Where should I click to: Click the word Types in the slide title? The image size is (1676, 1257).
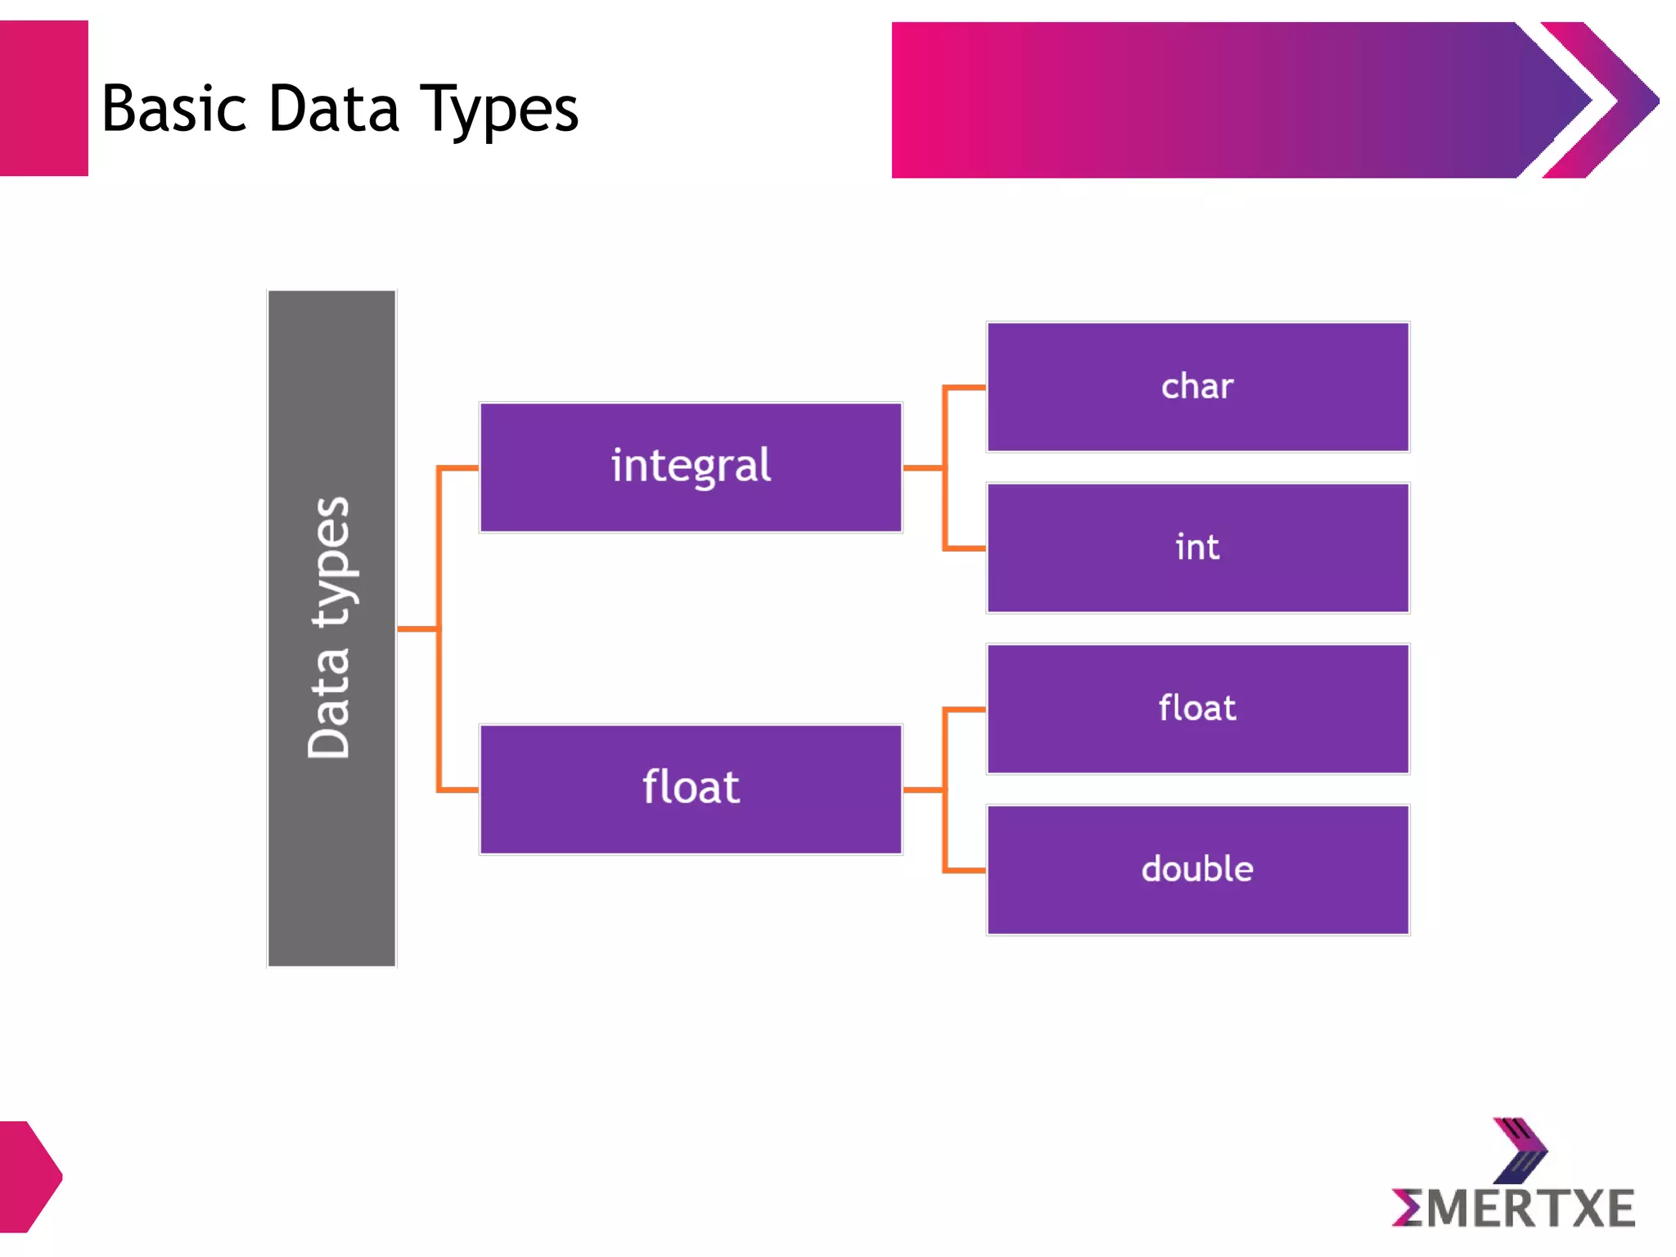pos(498,110)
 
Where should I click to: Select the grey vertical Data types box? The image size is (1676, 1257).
pos(331,628)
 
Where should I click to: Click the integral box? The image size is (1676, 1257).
pos(691,467)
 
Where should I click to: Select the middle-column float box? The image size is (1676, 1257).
pos(691,789)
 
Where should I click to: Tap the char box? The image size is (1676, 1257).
pos(1197,386)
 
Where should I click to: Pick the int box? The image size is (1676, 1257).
pos(1197,547)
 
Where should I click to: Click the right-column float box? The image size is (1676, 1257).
pos(1197,709)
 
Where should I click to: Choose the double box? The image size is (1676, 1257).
pos(1197,869)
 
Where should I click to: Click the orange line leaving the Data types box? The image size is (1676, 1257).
pos(417,628)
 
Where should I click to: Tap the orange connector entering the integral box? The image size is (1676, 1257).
pos(458,468)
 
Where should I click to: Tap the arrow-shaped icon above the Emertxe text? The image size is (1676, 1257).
pos(1520,1150)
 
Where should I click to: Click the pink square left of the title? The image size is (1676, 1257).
pos(43,98)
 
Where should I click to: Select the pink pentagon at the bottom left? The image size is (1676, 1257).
pos(29,1176)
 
